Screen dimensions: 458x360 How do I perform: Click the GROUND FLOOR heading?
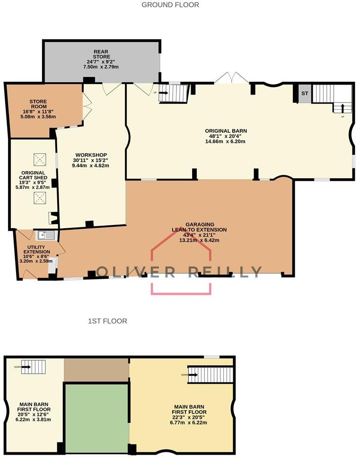point(170,5)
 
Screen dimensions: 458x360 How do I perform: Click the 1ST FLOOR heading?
point(107,321)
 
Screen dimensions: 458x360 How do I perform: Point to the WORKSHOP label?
point(90,155)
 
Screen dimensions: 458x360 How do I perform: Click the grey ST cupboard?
point(305,94)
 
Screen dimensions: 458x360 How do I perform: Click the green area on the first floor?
point(97,417)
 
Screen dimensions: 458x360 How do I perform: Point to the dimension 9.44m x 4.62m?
point(90,166)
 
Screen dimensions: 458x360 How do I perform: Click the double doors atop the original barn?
point(232,78)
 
